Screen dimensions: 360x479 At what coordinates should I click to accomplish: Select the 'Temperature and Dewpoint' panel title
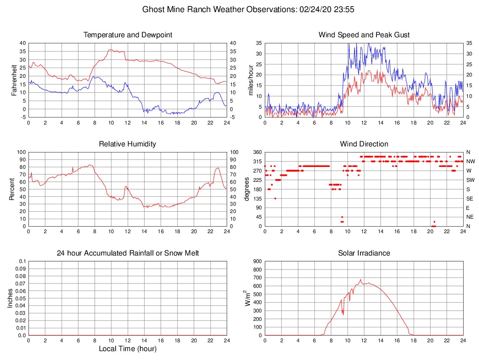[127, 35]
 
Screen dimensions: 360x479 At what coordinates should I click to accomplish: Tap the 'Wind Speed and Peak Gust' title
[364, 35]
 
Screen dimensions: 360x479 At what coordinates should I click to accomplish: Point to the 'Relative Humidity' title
[127, 144]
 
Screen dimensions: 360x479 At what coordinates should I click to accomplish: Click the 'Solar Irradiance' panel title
[364, 253]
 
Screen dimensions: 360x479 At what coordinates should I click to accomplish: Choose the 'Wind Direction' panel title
[364, 144]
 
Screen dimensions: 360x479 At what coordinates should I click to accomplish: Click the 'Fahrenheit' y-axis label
[14, 80]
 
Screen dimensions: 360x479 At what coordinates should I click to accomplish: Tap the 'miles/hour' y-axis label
[251, 80]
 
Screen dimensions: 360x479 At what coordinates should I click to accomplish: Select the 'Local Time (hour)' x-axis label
[127, 349]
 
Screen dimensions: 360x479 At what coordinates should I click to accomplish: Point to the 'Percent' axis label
[12, 189]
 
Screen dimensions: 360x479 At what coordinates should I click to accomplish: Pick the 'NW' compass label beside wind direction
[471, 161]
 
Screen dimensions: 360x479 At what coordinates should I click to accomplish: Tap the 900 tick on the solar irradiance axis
[257, 261]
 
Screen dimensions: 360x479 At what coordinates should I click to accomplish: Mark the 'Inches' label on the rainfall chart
[10, 298]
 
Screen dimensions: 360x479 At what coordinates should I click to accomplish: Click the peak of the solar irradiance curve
[361, 280]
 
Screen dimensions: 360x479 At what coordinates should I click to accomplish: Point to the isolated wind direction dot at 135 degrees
[275, 199]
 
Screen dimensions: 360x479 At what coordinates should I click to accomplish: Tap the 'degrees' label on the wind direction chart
[247, 189]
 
